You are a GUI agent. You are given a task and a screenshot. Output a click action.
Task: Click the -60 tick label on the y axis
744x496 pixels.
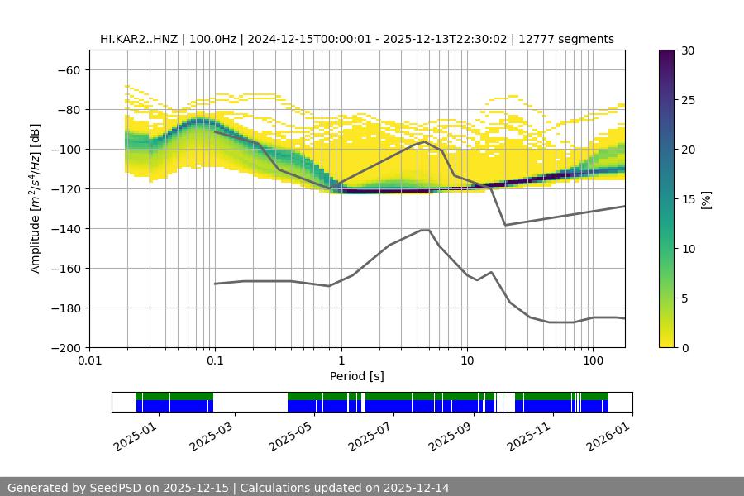pyautogui.click(x=68, y=69)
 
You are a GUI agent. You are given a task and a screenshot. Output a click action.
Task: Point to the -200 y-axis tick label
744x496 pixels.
pyautogui.click(x=64, y=347)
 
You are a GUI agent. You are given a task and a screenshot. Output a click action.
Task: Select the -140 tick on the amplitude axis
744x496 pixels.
pyautogui.click(x=64, y=228)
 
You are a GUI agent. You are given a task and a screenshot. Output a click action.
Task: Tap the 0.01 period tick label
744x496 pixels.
pyautogui.click(x=89, y=361)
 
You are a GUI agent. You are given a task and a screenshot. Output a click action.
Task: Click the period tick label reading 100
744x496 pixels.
pyautogui.click(x=593, y=361)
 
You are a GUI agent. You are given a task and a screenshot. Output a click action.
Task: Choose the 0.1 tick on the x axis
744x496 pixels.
pyautogui.click(x=215, y=361)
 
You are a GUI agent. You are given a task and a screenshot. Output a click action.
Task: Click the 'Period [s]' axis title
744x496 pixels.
pyautogui.click(x=356, y=376)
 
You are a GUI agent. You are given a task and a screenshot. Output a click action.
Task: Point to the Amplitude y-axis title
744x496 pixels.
pyautogui.click(x=36, y=198)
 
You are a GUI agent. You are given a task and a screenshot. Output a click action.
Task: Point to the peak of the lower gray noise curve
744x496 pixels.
pyautogui.click(x=425, y=230)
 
